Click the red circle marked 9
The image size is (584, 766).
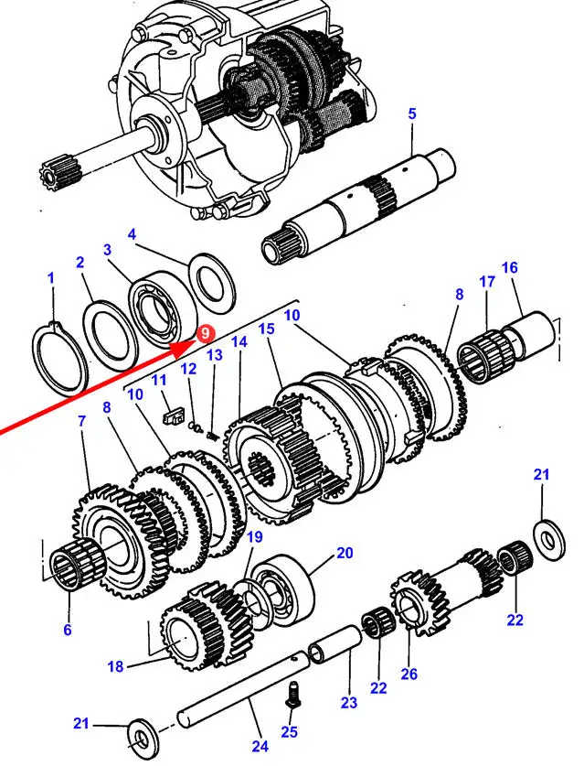(x=206, y=334)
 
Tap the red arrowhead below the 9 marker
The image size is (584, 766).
(x=184, y=349)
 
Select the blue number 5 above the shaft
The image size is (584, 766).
(x=412, y=113)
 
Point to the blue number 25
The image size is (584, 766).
(x=290, y=731)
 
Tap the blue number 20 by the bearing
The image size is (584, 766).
(x=345, y=553)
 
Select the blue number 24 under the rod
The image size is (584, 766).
(x=260, y=746)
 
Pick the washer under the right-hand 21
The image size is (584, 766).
(x=550, y=540)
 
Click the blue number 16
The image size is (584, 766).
(x=509, y=268)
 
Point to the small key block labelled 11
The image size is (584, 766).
(x=172, y=418)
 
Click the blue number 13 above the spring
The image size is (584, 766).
(x=215, y=355)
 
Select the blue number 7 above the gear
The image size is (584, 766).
(x=81, y=421)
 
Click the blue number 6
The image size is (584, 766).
(x=68, y=630)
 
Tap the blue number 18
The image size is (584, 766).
(x=116, y=666)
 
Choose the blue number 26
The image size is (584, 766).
(x=409, y=674)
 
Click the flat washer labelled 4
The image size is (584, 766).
(x=212, y=284)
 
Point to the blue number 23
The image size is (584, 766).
(x=349, y=703)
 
